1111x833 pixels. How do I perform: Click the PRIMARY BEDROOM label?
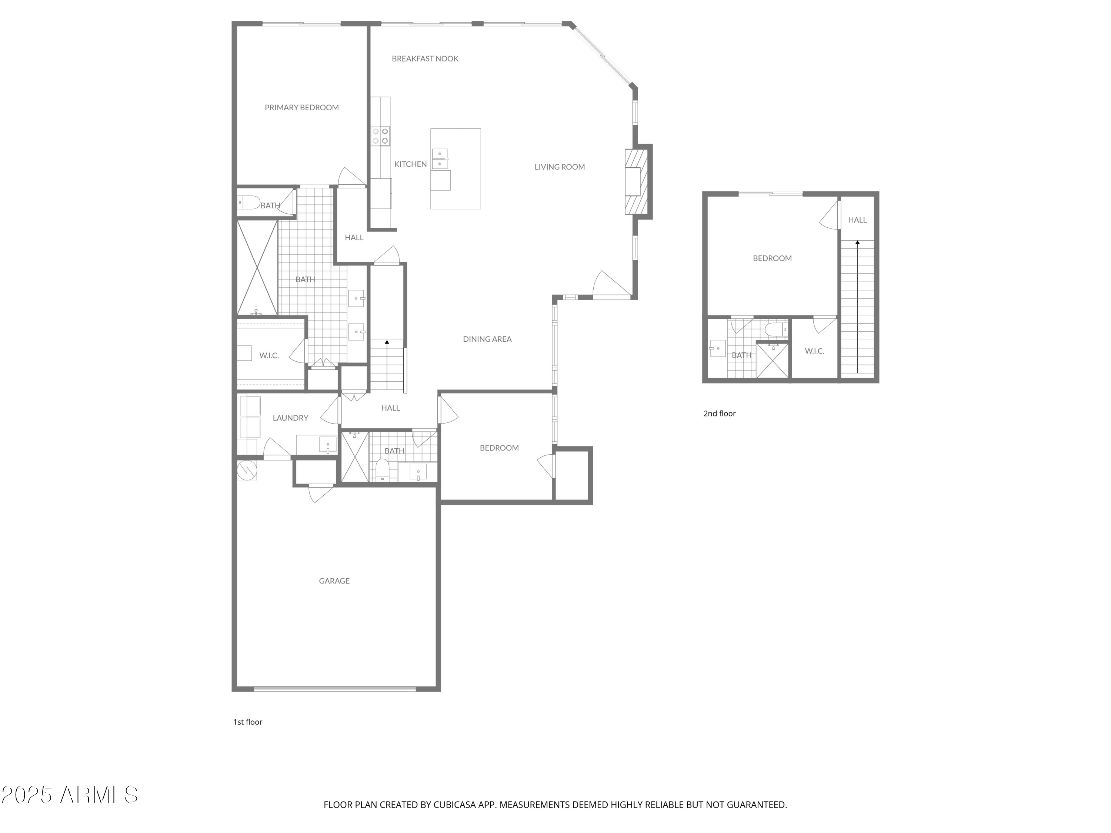pos(301,107)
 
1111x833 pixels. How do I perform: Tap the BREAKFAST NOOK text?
pos(425,59)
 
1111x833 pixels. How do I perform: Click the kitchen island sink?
pos(440,159)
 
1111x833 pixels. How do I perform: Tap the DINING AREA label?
pos(487,339)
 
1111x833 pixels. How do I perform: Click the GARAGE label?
pos(334,581)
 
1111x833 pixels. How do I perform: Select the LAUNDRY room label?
pos(290,418)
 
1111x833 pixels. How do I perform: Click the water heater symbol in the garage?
pos(247,469)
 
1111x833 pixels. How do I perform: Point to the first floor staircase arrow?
pos(387,342)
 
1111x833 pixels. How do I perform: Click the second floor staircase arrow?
pos(857,243)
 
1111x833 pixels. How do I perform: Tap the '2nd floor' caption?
pos(719,414)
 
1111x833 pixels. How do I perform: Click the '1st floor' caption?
pos(248,722)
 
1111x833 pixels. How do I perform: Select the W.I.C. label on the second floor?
pos(814,351)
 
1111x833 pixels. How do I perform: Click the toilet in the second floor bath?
pos(775,329)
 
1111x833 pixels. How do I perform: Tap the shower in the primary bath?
pos(257,268)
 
